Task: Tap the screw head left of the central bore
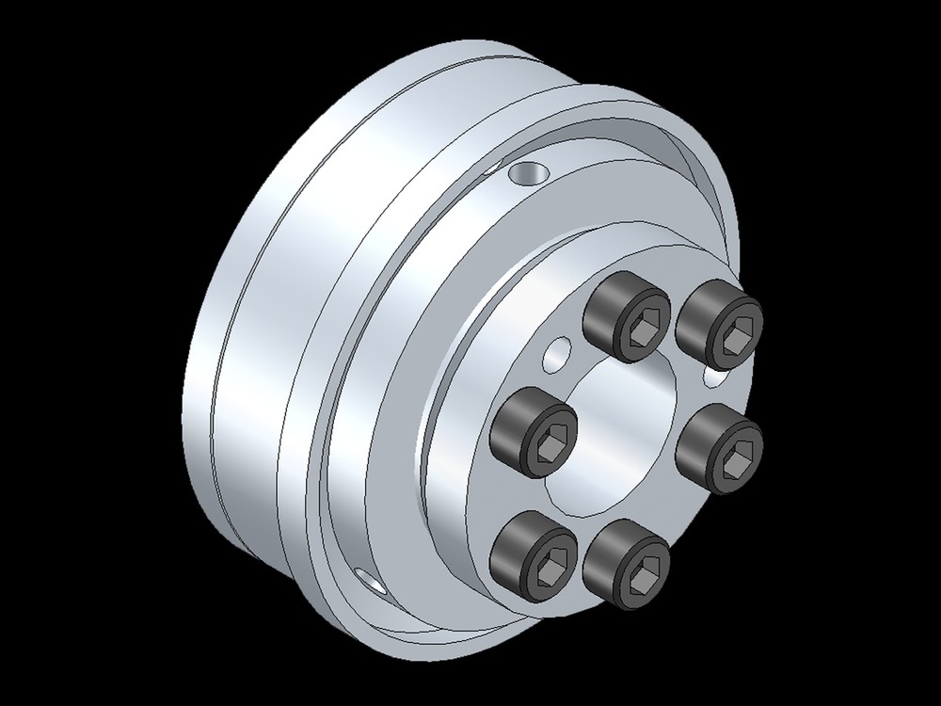(x=533, y=433)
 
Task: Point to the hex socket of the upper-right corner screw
(x=733, y=335)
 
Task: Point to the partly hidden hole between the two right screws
(x=713, y=377)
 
